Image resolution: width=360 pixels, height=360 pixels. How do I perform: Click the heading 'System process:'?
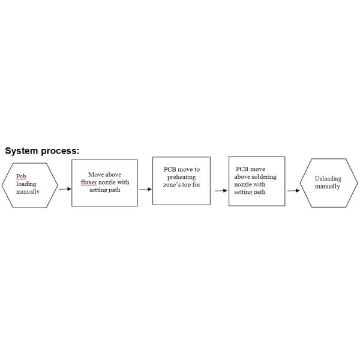click(x=42, y=151)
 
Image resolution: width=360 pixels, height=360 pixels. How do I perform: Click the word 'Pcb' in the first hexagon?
click(x=21, y=176)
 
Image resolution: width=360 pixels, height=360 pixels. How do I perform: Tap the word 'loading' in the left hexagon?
click(x=26, y=184)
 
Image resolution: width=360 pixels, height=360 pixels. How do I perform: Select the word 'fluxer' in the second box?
click(x=89, y=182)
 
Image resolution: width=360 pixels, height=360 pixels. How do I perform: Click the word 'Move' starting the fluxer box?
click(x=95, y=175)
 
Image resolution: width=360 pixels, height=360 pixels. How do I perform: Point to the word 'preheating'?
click(x=182, y=177)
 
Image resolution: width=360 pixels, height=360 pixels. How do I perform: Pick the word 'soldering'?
click(x=265, y=177)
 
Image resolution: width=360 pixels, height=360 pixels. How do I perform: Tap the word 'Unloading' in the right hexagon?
click(x=328, y=179)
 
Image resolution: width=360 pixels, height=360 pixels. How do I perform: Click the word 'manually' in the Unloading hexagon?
click(x=328, y=187)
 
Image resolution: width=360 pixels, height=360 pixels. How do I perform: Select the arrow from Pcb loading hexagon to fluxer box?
click(x=65, y=189)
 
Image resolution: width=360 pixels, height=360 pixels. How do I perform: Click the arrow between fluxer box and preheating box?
click(x=145, y=189)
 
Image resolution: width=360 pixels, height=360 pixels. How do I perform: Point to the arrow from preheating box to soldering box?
click(x=221, y=191)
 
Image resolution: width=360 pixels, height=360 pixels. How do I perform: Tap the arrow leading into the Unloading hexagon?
click(x=293, y=191)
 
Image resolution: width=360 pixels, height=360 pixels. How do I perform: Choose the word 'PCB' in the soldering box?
click(x=241, y=169)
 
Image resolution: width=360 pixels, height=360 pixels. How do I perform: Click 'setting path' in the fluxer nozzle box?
click(x=104, y=190)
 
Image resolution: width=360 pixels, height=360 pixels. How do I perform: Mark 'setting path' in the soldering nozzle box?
click(x=250, y=192)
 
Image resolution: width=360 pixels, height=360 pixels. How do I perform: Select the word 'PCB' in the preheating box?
click(x=169, y=170)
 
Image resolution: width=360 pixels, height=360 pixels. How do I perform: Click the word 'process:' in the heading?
click(x=60, y=151)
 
